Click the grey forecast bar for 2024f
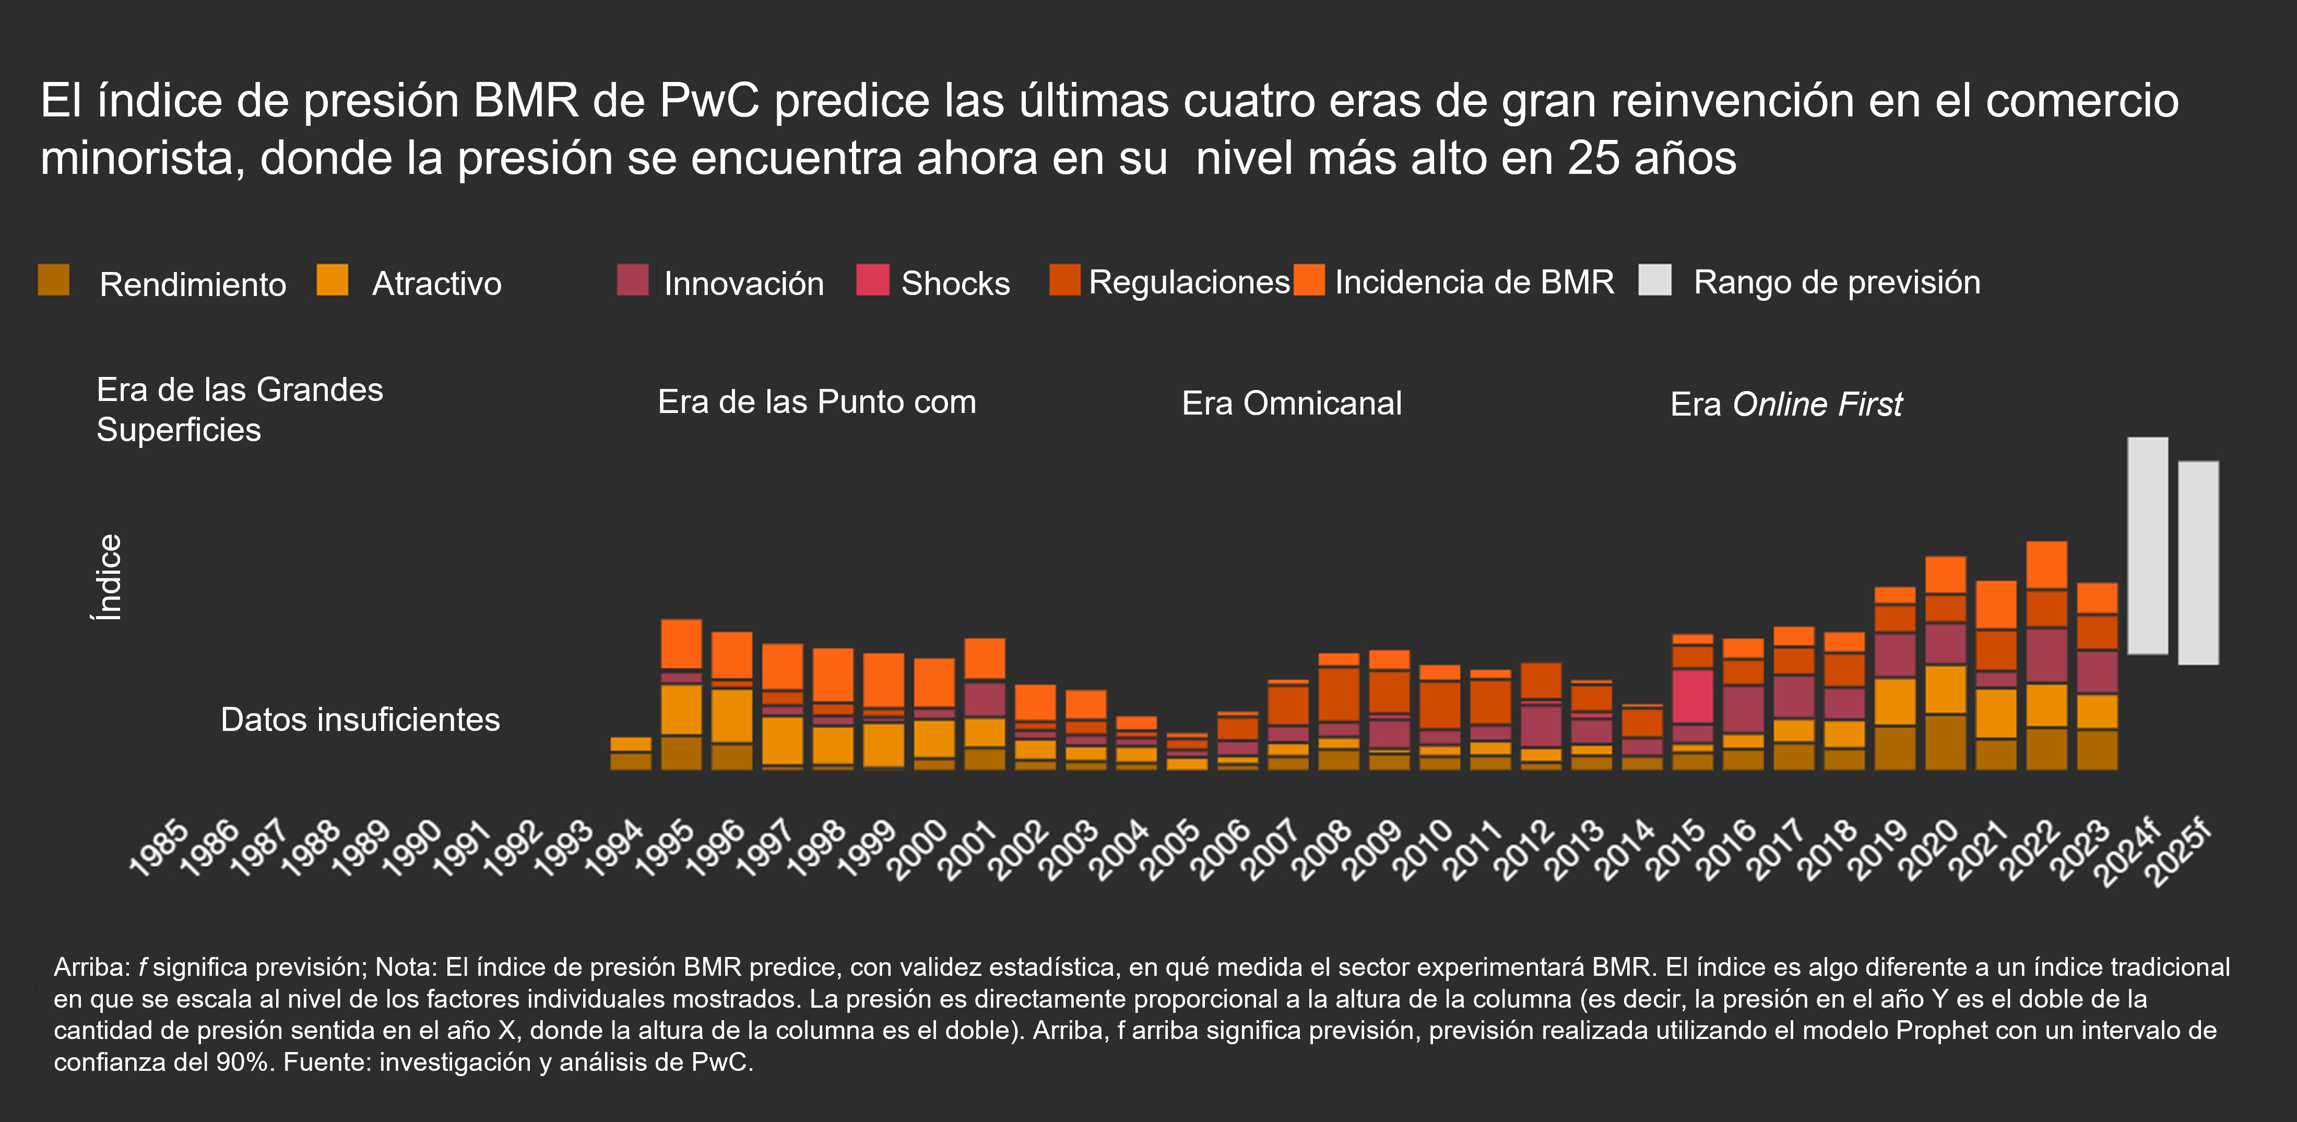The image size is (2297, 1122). coord(2147,546)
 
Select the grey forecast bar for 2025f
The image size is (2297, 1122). coord(2198,563)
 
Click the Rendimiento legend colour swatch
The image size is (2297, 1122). coord(53,280)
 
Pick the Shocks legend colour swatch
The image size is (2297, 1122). coord(872,280)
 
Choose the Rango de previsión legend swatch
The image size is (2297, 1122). coord(1655,280)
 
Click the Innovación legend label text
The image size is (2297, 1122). coord(744,284)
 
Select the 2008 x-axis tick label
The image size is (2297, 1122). coord(1321,850)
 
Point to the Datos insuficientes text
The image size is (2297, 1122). coord(360,720)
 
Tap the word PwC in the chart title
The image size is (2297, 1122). coord(710,101)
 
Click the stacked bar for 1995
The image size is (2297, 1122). coord(681,694)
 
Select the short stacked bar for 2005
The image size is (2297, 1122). coord(1187,752)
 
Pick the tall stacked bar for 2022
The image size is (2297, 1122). coord(2046,656)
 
